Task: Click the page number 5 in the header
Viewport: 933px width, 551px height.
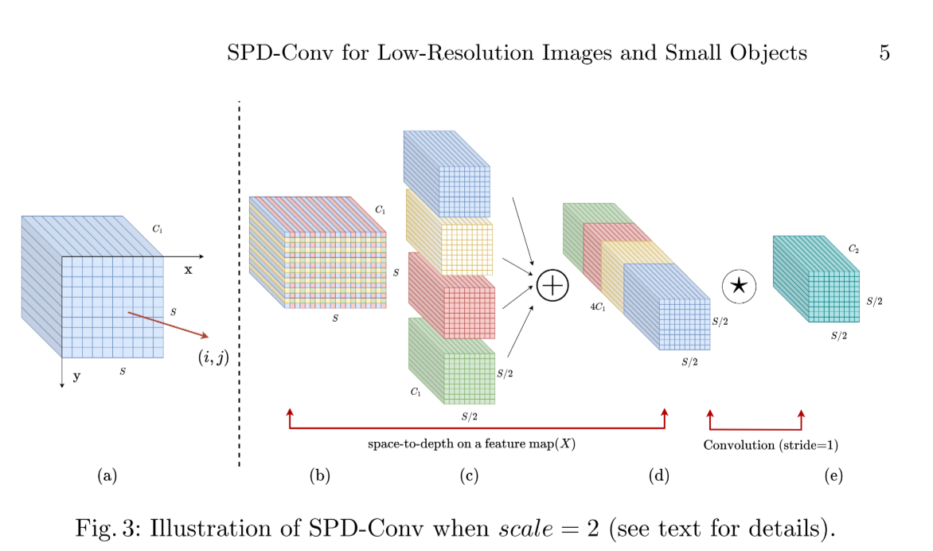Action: point(884,53)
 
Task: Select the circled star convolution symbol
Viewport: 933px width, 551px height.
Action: point(738,286)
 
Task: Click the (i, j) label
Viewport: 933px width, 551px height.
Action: point(213,358)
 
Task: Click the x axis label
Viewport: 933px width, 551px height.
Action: point(188,270)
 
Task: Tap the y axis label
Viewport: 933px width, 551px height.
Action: point(76,377)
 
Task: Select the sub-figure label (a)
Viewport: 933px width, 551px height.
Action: point(107,476)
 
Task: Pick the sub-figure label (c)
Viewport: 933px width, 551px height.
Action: point(468,476)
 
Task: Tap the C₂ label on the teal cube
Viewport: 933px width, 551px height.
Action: point(853,249)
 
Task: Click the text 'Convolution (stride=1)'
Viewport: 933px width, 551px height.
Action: point(771,445)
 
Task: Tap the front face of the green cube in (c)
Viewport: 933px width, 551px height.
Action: point(469,379)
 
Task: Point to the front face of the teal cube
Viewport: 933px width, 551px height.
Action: point(834,297)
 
